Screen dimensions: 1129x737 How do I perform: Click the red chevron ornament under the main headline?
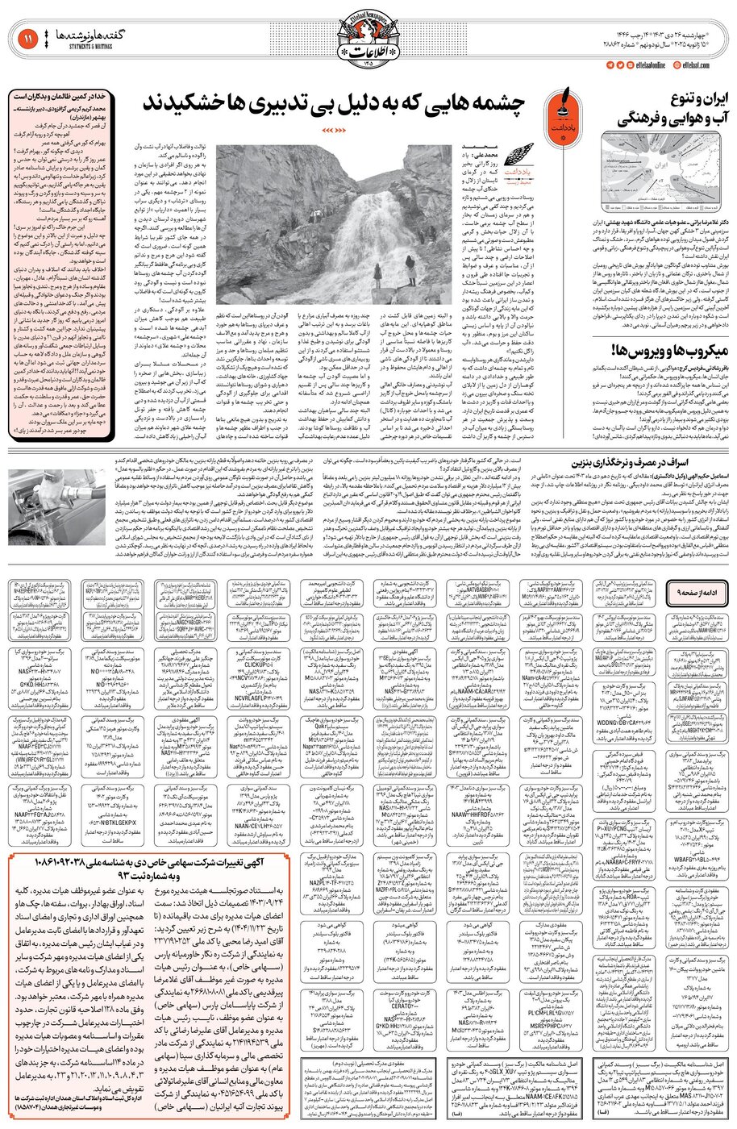[x=330, y=128]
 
